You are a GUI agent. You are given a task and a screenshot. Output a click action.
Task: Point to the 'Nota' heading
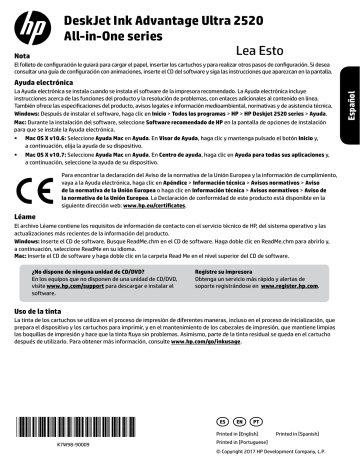pyautogui.click(x=23, y=55)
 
